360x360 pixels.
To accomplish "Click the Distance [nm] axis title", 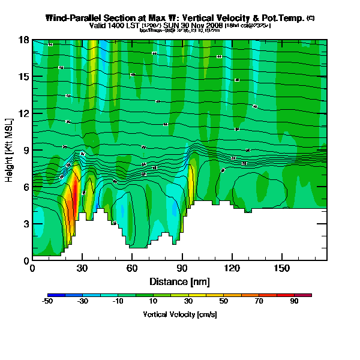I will click(179, 281).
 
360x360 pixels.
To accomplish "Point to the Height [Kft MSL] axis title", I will click(10, 150).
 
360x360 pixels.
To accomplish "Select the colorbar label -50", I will click(47, 302).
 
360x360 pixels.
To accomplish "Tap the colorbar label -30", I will click(83, 302).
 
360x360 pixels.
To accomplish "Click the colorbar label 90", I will click(295, 302).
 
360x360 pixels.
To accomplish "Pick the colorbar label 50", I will click(224, 302).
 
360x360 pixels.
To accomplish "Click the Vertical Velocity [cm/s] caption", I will click(179, 314).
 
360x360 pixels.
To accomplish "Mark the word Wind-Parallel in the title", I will click(74, 18).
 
